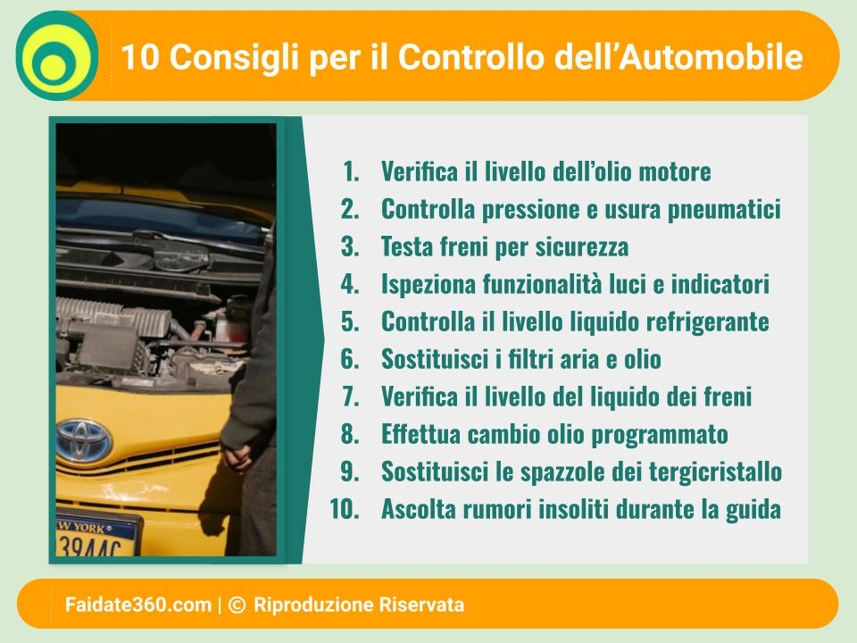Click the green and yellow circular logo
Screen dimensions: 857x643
click(57, 55)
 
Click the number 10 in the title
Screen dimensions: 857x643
click(139, 57)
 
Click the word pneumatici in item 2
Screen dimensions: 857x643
click(724, 210)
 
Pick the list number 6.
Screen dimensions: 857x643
click(350, 359)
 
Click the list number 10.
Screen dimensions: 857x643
click(345, 509)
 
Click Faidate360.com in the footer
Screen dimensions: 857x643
click(138, 605)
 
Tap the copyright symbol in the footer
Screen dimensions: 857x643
click(237, 605)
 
